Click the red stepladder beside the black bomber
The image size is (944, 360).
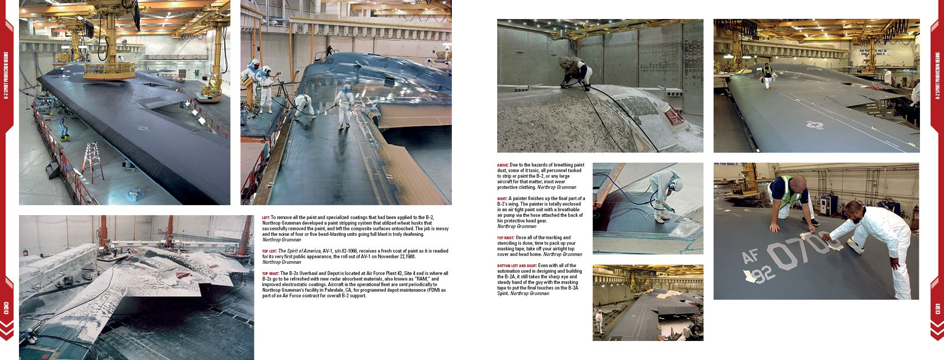click(93, 161)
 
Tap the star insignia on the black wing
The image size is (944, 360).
click(144, 129)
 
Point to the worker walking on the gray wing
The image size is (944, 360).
click(767, 75)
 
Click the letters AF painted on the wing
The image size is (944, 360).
click(751, 257)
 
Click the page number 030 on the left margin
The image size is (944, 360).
click(7, 308)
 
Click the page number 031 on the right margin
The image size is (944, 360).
click(937, 308)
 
